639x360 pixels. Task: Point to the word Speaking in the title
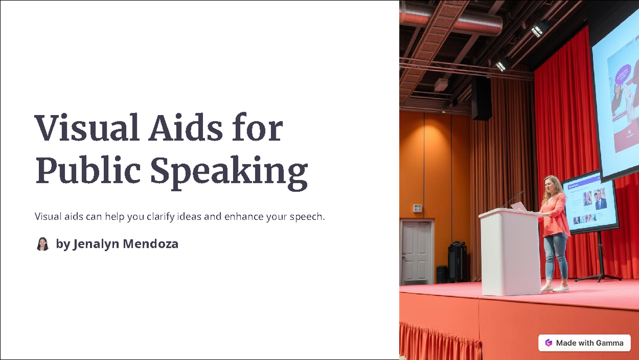tap(229, 171)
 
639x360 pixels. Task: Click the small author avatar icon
tap(43, 244)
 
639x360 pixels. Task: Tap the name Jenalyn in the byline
tap(96, 244)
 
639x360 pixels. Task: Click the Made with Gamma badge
tap(584, 343)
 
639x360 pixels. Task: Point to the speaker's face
tap(548, 186)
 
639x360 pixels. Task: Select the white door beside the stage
tap(417, 251)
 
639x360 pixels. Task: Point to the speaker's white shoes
tap(554, 288)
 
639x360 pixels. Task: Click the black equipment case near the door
tap(457, 261)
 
